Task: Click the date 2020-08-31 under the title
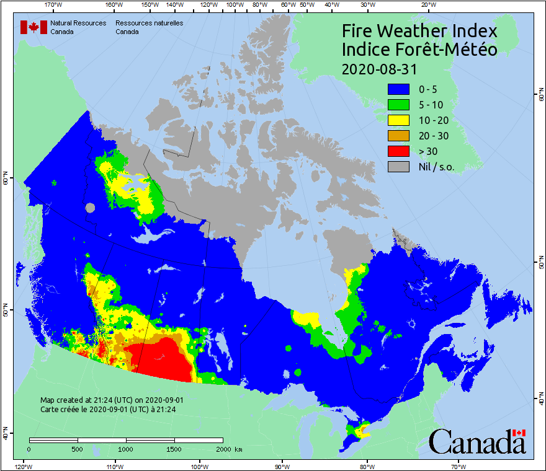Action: click(x=379, y=68)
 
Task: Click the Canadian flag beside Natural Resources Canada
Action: click(x=32, y=27)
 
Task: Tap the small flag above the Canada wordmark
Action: click(x=519, y=433)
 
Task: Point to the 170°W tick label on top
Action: click(x=54, y=5)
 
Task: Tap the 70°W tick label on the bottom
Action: click(x=459, y=466)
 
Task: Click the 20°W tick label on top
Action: click(x=427, y=5)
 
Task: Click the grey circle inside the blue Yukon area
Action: click(x=91, y=208)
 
